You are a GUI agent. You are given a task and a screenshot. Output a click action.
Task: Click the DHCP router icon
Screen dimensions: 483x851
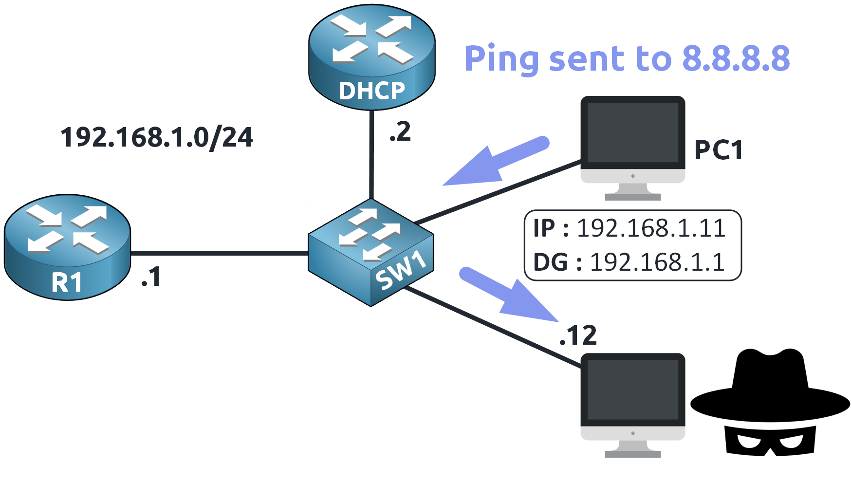click(x=371, y=56)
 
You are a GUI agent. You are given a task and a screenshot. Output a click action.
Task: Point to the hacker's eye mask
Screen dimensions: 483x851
click(x=770, y=441)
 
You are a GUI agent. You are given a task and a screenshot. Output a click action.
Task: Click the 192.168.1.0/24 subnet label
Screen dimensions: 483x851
click(x=156, y=137)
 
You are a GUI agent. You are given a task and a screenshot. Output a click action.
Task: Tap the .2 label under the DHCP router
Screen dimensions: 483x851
click(x=400, y=132)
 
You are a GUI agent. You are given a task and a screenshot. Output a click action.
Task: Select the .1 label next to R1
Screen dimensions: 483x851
click(x=151, y=277)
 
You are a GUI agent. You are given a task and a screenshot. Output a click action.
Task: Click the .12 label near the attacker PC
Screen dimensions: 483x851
click(x=578, y=335)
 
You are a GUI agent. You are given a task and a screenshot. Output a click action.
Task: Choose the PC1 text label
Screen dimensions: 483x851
click(x=719, y=149)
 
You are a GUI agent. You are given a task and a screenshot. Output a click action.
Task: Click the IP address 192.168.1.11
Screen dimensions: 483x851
click(x=651, y=228)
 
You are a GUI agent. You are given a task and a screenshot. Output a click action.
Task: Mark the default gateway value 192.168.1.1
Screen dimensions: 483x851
click(x=657, y=262)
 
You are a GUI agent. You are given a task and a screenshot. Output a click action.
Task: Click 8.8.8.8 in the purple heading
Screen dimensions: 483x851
click(x=736, y=58)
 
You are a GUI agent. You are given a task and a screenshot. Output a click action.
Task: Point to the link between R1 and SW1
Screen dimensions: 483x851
click(x=219, y=253)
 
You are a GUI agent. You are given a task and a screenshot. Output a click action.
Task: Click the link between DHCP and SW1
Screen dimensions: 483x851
click(x=371, y=156)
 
